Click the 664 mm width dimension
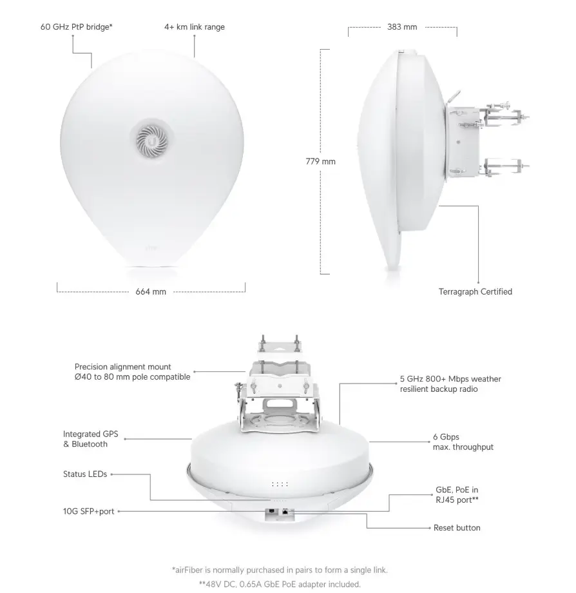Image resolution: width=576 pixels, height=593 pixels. click(x=151, y=291)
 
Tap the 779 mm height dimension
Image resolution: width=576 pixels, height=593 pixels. click(x=320, y=162)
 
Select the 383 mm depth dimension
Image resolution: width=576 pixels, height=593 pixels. click(x=402, y=27)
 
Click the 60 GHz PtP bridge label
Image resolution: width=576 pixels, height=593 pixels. click(x=76, y=27)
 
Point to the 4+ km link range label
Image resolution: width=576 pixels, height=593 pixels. click(x=195, y=27)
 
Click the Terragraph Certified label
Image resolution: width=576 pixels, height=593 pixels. click(x=475, y=291)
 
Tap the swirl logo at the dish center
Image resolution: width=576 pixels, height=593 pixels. click(x=152, y=141)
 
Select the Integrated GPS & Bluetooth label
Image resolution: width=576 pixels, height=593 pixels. click(x=90, y=439)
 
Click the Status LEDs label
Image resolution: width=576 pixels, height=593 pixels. click(x=85, y=474)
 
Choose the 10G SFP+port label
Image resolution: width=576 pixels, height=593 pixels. click(x=88, y=511)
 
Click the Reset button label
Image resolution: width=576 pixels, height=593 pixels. click(x=457, y=527)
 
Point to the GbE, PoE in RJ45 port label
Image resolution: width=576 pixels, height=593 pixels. click(x=457, y=494)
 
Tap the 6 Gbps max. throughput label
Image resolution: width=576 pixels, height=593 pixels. click(x=463, y=442)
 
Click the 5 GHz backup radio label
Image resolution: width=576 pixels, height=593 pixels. click(x=450, y=384)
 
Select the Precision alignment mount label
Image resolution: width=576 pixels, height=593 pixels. click(x=132, y=372)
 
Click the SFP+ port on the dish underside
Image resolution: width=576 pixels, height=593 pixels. click(x=271, y=512)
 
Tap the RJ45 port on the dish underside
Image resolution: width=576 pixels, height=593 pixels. click(x=285, y=512)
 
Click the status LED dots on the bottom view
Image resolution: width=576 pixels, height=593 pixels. click(x=280, y=484)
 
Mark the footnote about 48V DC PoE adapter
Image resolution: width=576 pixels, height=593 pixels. click(x=280, y=585)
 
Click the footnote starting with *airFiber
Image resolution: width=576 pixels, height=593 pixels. click(x=280, y=570)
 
